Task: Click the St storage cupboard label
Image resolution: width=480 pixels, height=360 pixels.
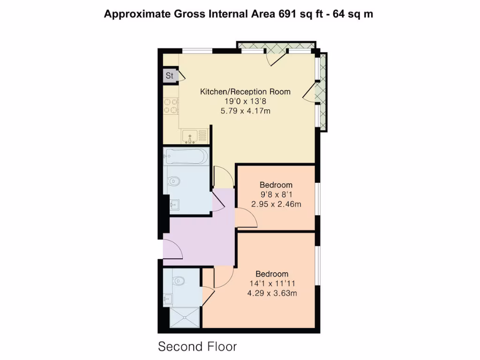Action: (169, 75)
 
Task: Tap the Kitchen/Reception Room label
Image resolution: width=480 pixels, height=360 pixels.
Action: (245, 91)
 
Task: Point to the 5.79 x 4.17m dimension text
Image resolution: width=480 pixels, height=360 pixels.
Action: (245, 111)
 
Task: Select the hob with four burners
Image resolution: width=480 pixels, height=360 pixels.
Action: (171, 106)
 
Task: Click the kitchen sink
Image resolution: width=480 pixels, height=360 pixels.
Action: (190, 136)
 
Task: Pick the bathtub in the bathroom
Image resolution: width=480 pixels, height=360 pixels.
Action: (186, 156)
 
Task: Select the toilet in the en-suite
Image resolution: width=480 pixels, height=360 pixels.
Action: (179, 280)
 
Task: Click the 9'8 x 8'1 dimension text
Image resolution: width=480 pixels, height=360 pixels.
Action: (276, 195)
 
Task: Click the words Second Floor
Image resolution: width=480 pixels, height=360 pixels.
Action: (197, 347)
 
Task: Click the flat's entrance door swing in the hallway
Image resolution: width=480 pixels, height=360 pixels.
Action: (174, 248)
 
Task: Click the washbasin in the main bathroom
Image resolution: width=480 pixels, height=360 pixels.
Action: (174, 204)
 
